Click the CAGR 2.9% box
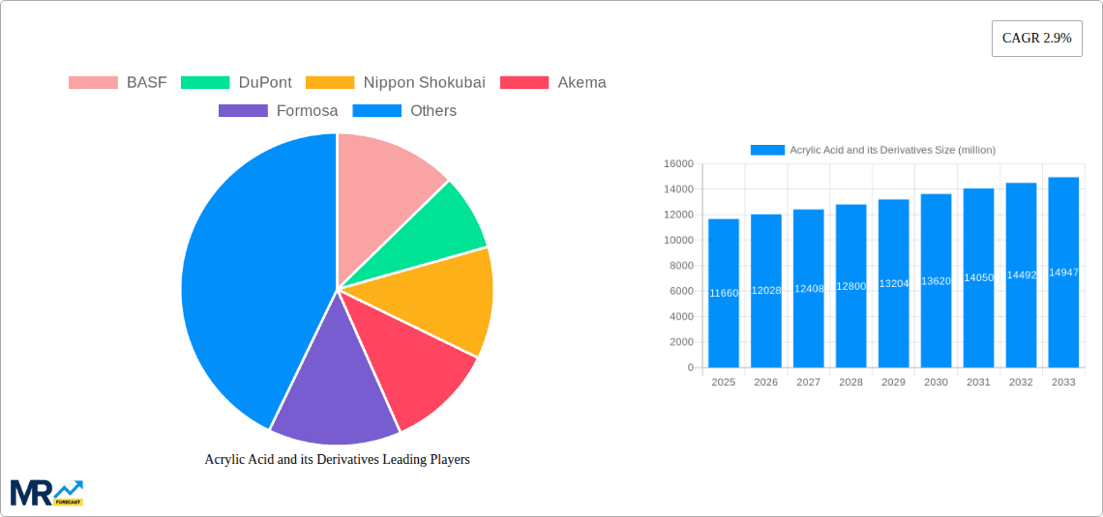1036,39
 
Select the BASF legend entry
117,82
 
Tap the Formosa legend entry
278,111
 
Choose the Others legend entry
404,111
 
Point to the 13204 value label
893,283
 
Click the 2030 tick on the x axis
936,383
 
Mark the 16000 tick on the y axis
678,164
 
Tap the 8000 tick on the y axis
681,266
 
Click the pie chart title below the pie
337,460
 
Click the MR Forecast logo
46,493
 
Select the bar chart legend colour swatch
767,150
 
